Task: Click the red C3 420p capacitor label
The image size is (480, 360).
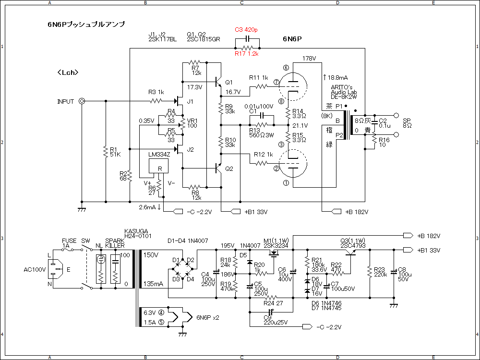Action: pyautogui.click(x=246, y=30)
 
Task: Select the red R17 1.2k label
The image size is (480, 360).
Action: pyautogui.click(x=247, y=54)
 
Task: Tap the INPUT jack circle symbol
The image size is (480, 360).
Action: pyautogui.click(x=82, y=101)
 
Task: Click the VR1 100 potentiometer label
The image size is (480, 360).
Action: pyautogui.click(x=192, y=122)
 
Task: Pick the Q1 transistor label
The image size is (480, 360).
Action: pyautogui.click(x=229, y=82)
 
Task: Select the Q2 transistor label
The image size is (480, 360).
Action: pyautogui.click(x=229, y=168)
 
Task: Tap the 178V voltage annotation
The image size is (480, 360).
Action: pyautogui.click(x=310, y=59)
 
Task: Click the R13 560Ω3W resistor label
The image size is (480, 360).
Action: pyautogui.click(x=262, y=132)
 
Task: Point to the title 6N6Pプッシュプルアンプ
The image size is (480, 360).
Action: pyautogui.click(x=83, y=24)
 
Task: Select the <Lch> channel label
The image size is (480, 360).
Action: pyautogui.click(x=67, y=72)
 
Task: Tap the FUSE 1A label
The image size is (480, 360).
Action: pyautogui.click(x=69, y=243)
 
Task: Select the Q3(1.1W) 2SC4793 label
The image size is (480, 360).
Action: pyautogui.click(x=353, y=243)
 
